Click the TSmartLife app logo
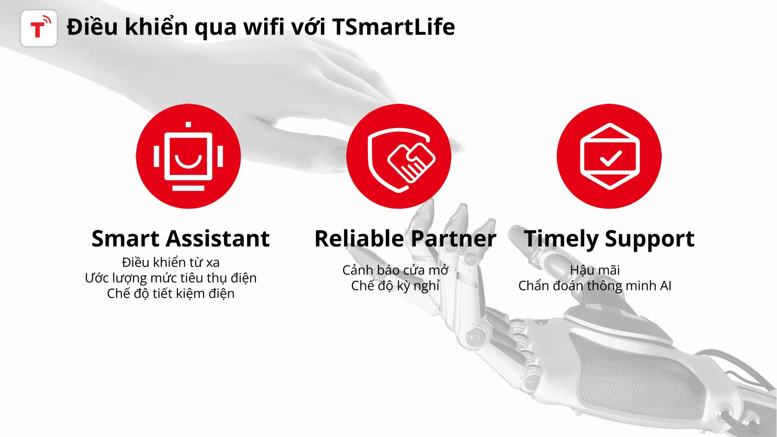[39, 28]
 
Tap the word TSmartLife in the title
[394, 27]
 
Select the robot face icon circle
[188, 156]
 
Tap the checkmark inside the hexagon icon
[611, 158]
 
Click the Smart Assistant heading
[181, 239]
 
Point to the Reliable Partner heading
[405, 239]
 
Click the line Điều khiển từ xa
[171, 263]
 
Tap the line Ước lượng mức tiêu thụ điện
[171, 278]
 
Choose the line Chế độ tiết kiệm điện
[171, 293]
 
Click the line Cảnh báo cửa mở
[395, 270]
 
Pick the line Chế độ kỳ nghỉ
[395, 286]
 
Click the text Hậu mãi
[595, 270]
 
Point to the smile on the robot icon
[188, 161]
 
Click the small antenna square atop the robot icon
[188, 124]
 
